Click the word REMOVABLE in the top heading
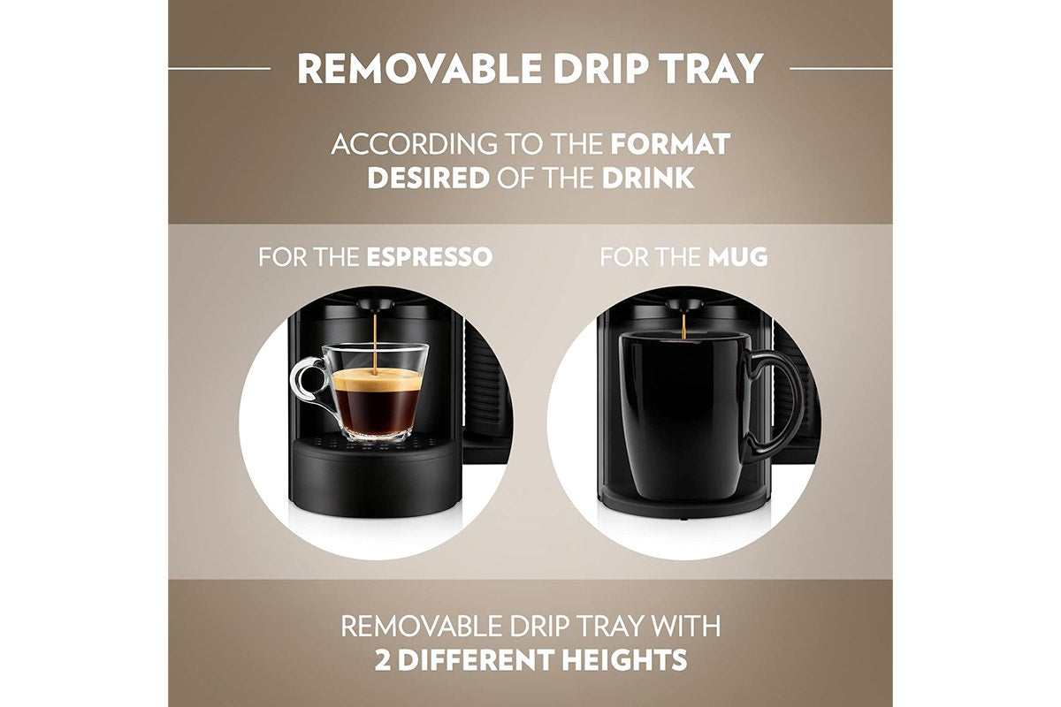click(x=419, y=68)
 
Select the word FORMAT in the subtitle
click(x=670, y=144)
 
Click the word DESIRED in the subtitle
click(x=428, y=178)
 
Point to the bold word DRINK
click(x=648, y=178)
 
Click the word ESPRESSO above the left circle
click(x=430, y=256)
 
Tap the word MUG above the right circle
click(x=737, y=256)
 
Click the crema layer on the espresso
click(x=377, y=379)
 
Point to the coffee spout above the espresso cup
click(x=375, y=304)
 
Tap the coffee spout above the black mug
click(x=684, y=304)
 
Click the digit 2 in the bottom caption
click(x=382, y=659)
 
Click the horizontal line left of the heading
click(x=219, y=68)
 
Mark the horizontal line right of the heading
click(x=841, y=68)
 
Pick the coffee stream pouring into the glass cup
click(x=375, y=342)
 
